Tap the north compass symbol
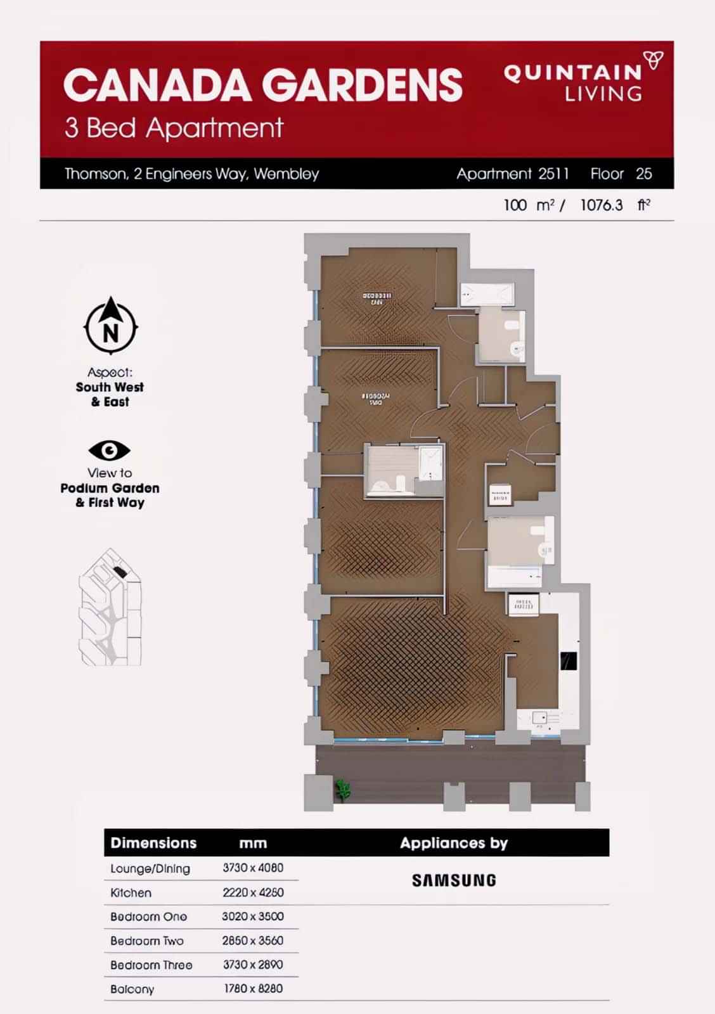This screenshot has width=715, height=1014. [111, 326]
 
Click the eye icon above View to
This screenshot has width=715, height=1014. [109, 451]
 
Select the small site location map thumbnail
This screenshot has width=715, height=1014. [110, 607]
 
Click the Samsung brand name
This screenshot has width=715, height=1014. [454, 880]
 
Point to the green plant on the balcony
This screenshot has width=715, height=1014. [343, 789]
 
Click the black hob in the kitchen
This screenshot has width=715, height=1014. [569, 661]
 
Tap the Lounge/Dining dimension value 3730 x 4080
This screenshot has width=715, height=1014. [253, 868]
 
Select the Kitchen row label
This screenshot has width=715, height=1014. [131, 893]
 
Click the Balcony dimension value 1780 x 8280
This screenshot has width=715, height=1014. [253, 989]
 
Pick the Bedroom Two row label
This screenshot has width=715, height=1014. [147, 941]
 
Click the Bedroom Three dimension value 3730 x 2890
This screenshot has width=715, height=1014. [253, 965]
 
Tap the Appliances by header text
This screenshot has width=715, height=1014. [454, 843]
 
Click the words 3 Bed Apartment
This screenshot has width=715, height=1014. [174, 128]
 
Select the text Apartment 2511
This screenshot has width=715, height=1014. [513, 174]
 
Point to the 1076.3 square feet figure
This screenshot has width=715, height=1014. [602, 205]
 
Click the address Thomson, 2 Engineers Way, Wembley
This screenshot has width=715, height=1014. [191, 174]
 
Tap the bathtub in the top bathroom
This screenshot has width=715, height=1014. [486, 295]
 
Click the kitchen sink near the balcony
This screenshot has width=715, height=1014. [540, 719]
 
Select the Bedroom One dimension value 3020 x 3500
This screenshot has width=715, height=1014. [253, 916]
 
